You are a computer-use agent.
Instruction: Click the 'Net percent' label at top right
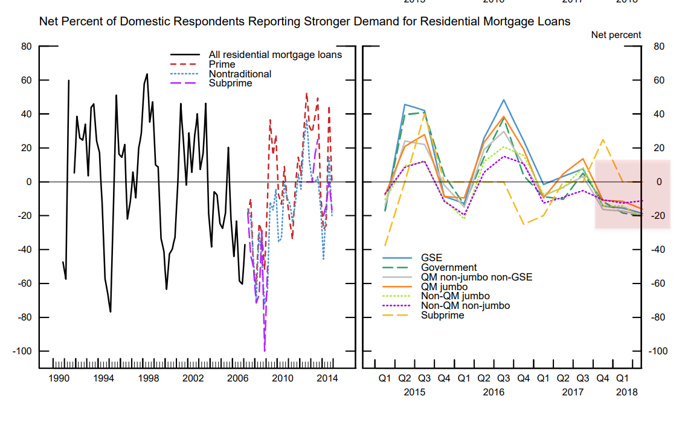tap(616, 35)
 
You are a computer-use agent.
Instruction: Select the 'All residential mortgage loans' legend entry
tap(275, 54)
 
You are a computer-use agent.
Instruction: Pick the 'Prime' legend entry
tap(222, 64)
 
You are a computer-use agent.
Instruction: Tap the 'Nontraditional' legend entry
tap(240, 74)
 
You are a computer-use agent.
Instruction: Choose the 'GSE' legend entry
tap(431, 258)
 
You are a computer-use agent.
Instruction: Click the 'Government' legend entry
tap(448, 267)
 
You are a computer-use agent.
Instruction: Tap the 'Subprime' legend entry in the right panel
tap(442, 315)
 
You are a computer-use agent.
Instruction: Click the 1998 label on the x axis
tap(148, 378)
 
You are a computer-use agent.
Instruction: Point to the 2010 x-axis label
tap(282, 378)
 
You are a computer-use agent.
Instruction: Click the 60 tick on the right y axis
tap(656, 80)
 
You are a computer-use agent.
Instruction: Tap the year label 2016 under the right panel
tap(494, 392)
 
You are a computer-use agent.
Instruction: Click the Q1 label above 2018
tap(622, 378)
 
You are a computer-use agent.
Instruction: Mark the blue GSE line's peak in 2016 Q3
tap(503, 100)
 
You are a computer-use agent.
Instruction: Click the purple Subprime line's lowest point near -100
tap(265, 350)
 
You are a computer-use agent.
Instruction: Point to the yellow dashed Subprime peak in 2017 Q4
tap(602, 140)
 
